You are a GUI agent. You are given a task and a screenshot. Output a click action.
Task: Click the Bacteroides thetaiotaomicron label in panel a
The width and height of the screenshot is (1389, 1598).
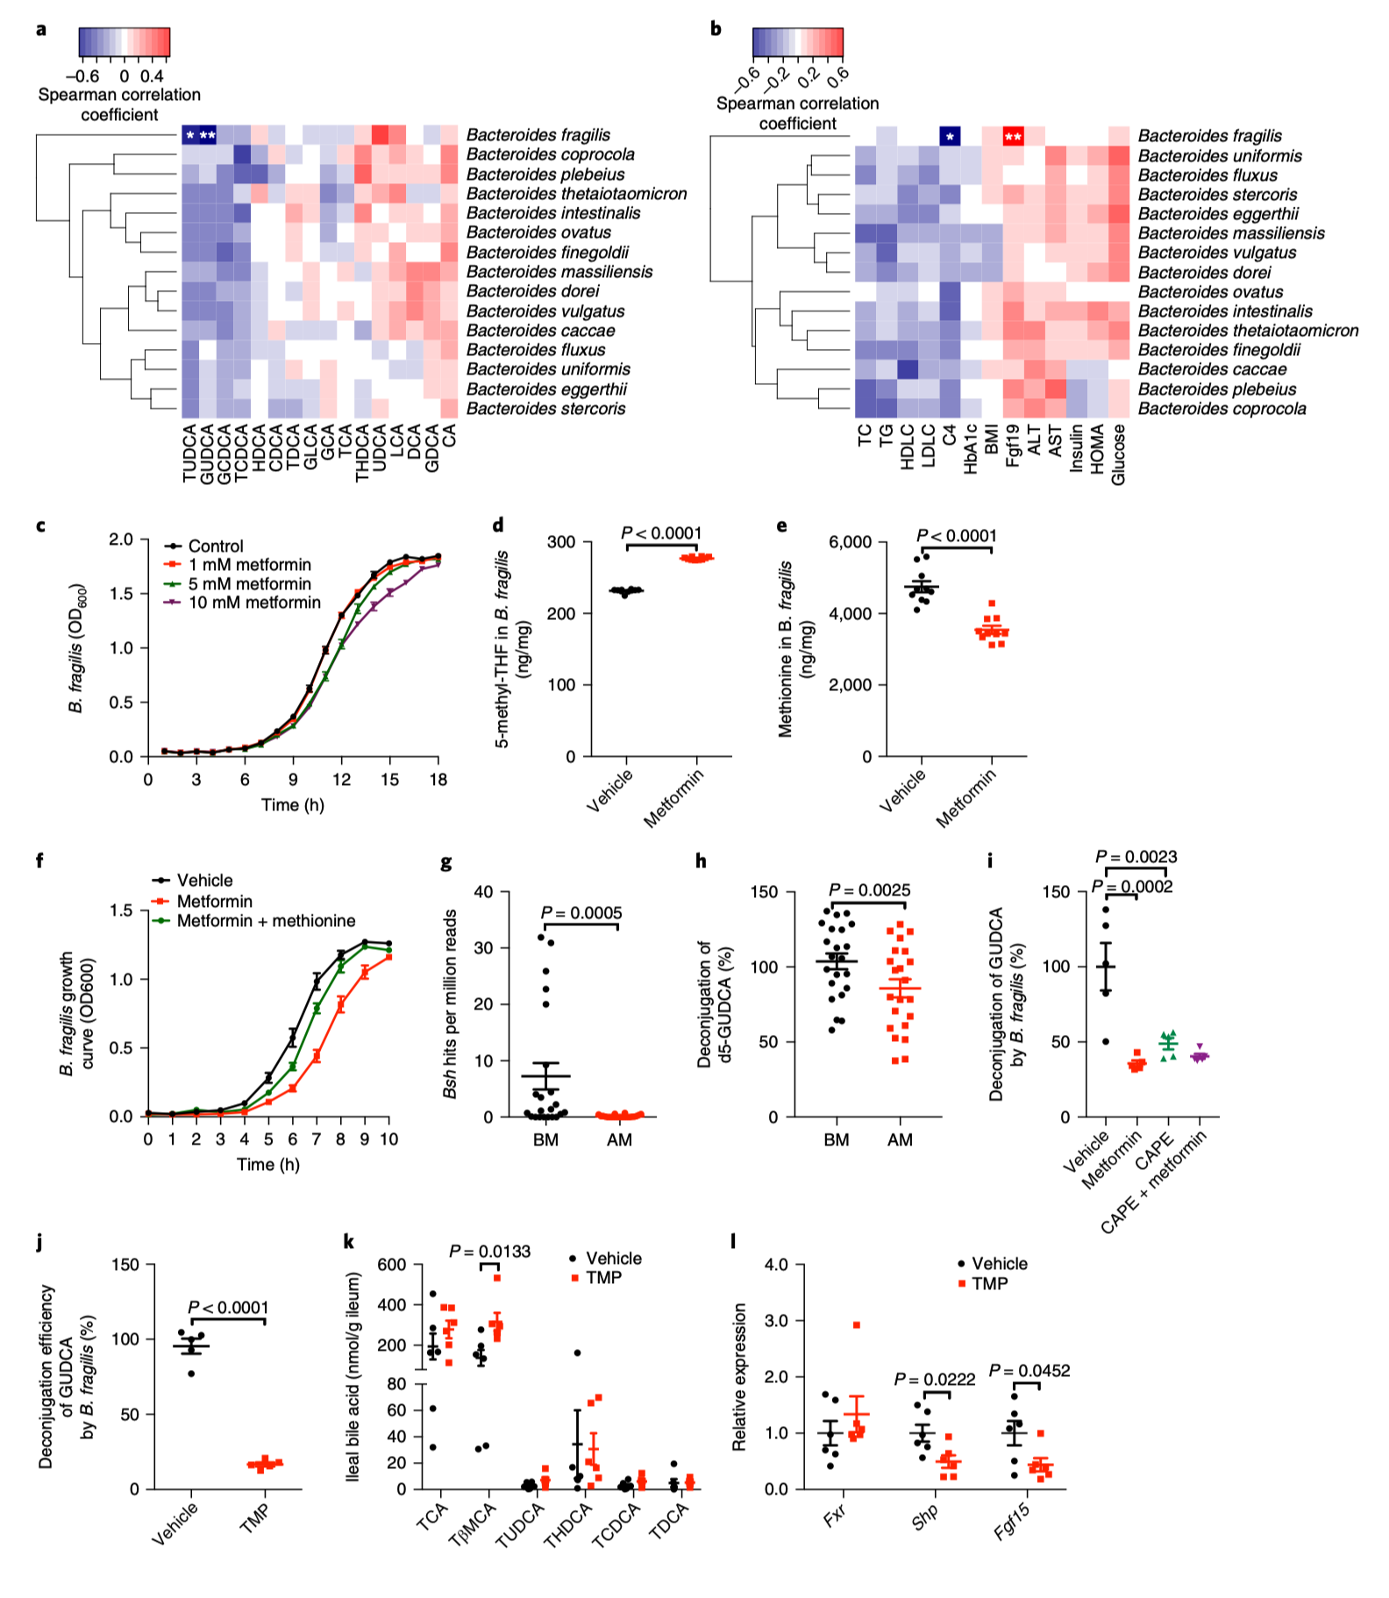point(576,194)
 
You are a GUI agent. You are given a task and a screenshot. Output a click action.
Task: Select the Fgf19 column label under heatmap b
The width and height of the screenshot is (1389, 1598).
point(1013,446)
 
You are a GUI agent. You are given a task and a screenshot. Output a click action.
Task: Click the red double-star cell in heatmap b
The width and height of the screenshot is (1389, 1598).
point(1013,137)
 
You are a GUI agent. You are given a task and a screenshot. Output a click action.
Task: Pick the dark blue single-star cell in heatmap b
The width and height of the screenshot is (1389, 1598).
point(950,137)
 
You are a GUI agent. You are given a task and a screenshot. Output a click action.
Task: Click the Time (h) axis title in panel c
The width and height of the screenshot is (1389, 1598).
point(293,804)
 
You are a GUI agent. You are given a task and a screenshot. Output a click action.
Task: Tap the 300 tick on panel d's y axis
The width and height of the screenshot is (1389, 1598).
point(560,542)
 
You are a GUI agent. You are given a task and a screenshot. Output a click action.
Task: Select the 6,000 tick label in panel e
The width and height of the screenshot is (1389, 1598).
point(850,542)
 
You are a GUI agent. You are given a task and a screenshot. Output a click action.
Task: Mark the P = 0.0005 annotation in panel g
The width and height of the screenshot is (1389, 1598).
point(581,913)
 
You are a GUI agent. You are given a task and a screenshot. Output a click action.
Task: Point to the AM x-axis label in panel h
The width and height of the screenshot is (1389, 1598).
point(900,1139)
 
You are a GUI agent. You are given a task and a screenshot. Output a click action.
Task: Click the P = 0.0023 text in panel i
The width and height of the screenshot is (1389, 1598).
point(1136,857)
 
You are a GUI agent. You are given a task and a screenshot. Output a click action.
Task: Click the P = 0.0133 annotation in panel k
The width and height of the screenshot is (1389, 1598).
point(489,1252)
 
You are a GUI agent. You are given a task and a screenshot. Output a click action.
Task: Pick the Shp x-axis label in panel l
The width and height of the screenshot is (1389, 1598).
point(925,1516)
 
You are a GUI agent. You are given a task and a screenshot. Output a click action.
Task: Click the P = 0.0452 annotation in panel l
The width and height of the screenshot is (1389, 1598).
point(1029,1371)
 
